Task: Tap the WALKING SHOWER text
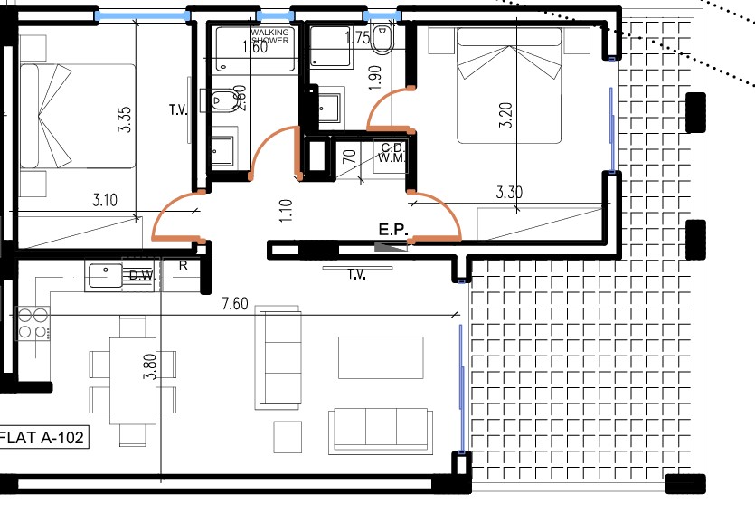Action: pos(270,37)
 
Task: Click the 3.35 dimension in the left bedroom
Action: pos(125,120)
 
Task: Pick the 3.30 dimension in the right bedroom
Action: pos(512,193)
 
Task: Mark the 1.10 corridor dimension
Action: pos(287,211)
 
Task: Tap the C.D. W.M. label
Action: pos(392,153)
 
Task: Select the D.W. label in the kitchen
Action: pos(139,276)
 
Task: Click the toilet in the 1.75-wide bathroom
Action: pos(382,40)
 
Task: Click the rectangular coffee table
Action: pos(381,356)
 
